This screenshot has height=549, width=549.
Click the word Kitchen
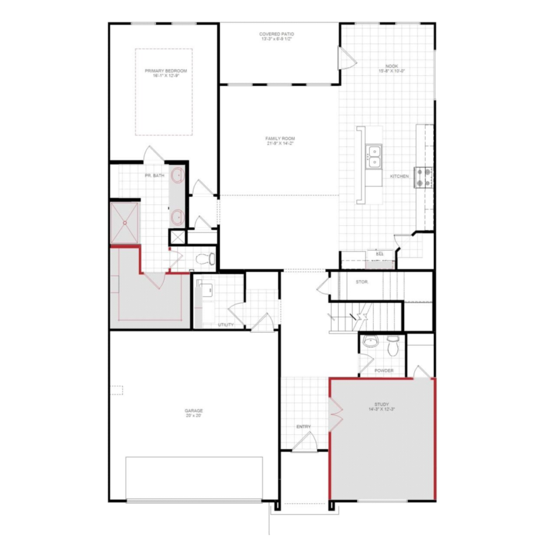[x=399, y=176]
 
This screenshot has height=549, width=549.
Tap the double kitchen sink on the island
[x=374, y=156]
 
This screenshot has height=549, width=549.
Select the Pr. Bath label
[x=154, y=175]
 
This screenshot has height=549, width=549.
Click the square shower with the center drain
[x=125, y=223]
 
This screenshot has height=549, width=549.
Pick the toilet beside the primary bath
[x=205, y=258]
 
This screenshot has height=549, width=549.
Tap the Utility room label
[x=226, y=325]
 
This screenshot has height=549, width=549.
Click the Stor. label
[x=362, y=282]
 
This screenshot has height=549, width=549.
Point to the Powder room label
[x=384, y=370]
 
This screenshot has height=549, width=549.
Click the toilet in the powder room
[x=392, y=347]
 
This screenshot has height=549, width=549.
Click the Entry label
[x=303, y=427]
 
